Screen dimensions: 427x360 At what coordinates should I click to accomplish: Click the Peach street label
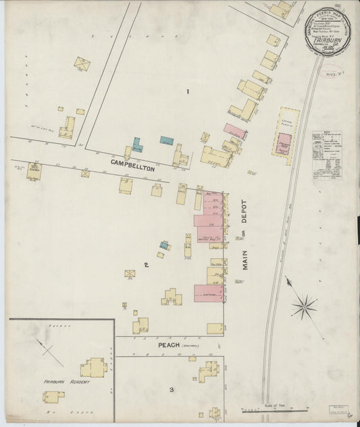[169, 345]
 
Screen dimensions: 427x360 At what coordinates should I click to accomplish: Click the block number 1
[188, 91]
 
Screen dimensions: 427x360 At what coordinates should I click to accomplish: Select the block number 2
[145, 265]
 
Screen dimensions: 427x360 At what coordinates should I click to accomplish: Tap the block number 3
[172, 389]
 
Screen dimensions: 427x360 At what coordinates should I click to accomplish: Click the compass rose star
[304, 307]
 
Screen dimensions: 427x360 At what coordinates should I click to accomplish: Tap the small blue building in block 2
[164, 245]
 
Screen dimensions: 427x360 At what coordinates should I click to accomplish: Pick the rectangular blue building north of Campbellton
[166, 141]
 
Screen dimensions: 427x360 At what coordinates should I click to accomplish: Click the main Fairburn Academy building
[93, 368]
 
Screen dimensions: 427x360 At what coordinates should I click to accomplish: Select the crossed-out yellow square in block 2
[129, 274]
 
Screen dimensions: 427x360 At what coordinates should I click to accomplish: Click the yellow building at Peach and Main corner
[215, 328]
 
